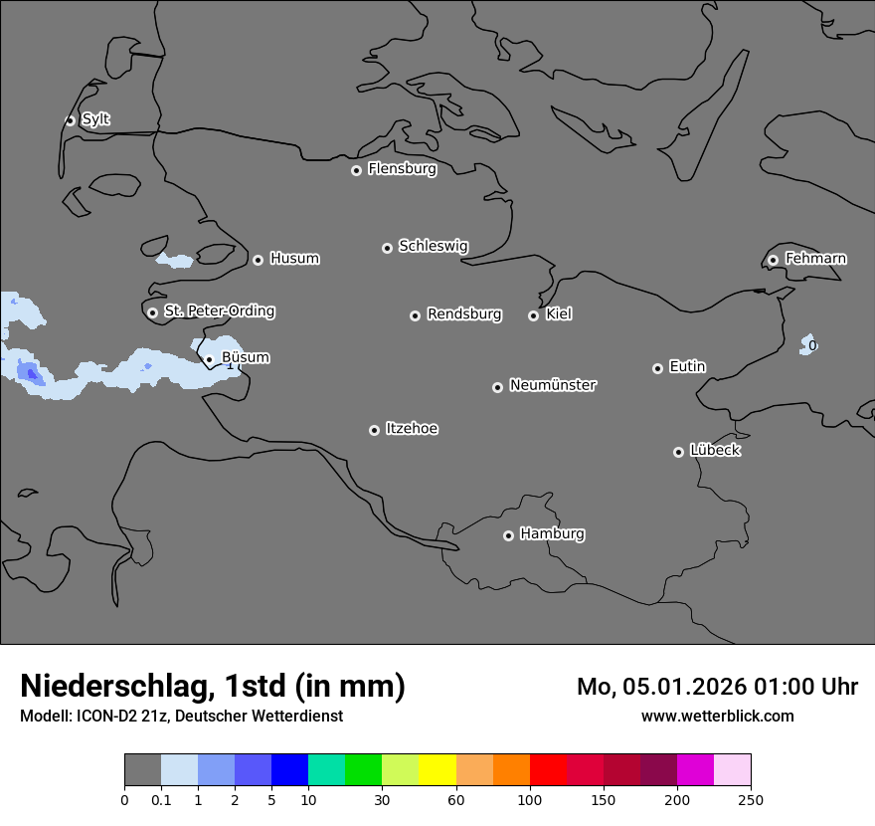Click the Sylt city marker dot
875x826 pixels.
tap(71, 120)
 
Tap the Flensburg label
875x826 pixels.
tap(402, 169)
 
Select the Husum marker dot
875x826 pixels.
tap(258, 260)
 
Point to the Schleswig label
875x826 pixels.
tap(433, 246)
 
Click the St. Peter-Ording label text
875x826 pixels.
tap(219, 311)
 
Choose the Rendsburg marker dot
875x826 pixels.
tap(415, 315)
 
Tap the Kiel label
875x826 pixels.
tap(559, 314)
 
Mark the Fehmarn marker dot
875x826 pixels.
tap(773, 260)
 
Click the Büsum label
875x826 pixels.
tap(245, 358)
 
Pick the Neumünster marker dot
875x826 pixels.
tap(497, 387)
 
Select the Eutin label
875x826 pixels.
tap(687, 367)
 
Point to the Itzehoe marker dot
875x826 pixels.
tap(374, 430)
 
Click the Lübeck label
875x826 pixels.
tap(715, 450)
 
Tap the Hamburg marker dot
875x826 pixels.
tap(508, 535)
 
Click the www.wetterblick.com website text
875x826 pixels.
tap(717, 716)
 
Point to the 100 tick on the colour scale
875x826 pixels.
tap(530, 799)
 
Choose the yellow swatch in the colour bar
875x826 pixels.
tap(437, 770)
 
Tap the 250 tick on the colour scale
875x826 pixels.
tap(751, 799)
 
